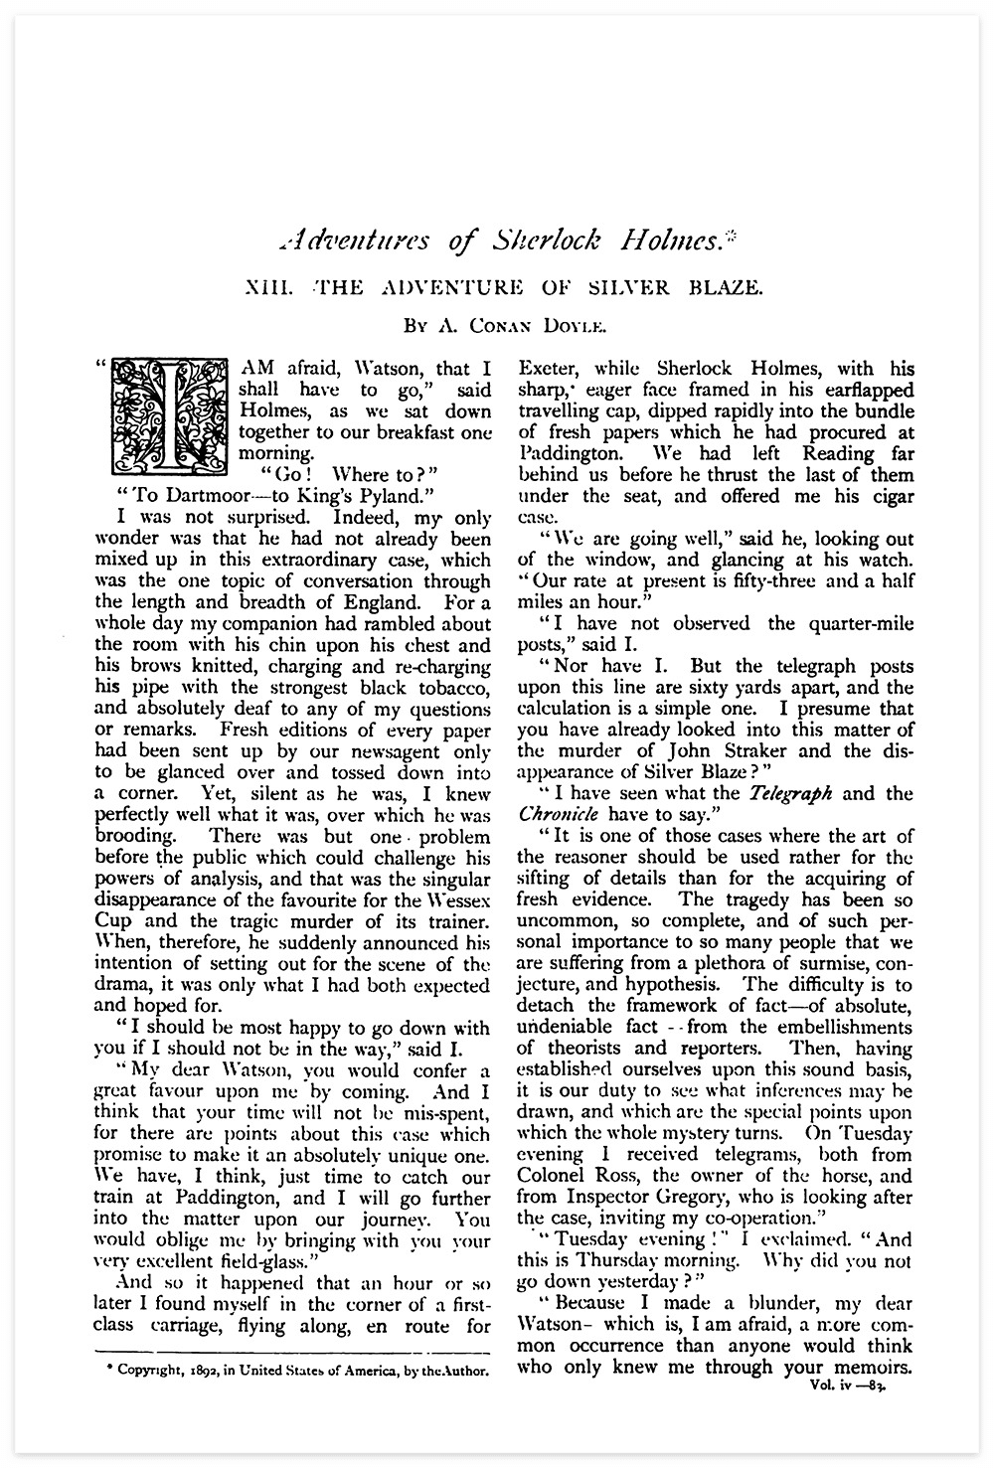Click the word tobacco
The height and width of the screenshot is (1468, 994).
tap(442, 688)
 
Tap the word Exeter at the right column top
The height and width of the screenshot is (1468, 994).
tap(550, 369)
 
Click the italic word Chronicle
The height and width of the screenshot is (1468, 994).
tap(557, 814)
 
